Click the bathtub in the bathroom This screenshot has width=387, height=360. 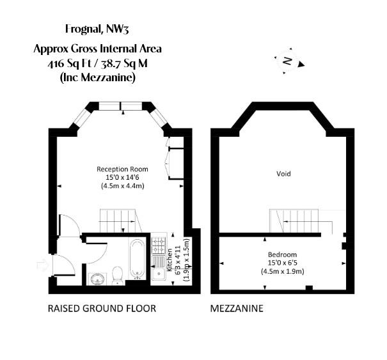coord(136,260)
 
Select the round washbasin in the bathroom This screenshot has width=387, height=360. coord(97,278)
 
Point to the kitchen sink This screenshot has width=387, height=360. coord(158,269)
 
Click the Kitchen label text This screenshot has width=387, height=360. coord(170,261)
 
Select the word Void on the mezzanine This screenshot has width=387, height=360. coord(283,173)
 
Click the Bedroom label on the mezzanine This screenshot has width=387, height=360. coord(282,254)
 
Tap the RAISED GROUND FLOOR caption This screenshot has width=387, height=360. coord(102,308)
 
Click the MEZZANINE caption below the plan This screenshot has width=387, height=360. coord(237,308)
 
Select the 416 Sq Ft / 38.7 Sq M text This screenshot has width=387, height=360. coord(98,63)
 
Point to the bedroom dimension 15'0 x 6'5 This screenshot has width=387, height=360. coord(282,262)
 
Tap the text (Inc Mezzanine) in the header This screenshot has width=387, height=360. coord(98,77)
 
